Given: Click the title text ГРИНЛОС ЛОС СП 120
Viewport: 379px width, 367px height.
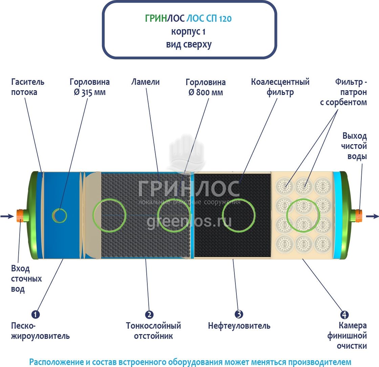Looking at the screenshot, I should tap(188, 19).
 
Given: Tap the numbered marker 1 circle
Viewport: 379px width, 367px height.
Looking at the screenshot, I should tap(36, 314).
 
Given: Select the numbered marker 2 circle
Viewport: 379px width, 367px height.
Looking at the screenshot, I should tap(149, 314).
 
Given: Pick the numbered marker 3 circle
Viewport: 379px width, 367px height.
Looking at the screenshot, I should tap(239, 314).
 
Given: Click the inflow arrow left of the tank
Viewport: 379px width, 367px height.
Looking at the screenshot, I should tap(6, 216).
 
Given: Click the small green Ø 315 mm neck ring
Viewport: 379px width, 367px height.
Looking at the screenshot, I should tap(60, 215).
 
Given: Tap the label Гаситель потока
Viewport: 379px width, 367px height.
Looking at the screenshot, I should tap(28, 87).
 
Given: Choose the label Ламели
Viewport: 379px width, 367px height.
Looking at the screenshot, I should tap(145, 82).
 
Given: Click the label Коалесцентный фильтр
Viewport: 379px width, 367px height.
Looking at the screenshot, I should tap(280, 87).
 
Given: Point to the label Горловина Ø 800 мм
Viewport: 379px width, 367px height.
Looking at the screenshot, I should tap(205, 87).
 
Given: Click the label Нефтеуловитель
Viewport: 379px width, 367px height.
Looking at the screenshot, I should tap(239, 326).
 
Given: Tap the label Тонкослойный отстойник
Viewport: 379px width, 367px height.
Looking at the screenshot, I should tap(153, 331).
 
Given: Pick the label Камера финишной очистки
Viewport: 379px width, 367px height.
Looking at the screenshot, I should tap(347, 336).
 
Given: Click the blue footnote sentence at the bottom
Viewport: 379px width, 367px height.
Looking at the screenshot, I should tap(190, 362).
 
